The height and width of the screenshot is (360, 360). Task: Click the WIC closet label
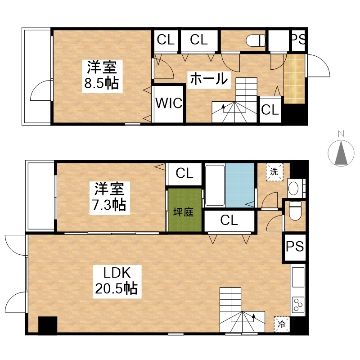169,103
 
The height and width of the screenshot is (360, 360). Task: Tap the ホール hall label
209,79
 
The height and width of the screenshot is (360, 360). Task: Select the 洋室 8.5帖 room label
102,76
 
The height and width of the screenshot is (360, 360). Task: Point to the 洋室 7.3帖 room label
109,198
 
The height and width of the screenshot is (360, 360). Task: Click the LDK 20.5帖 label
117,281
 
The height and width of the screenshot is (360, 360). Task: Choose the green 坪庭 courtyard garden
185,210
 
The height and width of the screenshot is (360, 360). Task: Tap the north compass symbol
341,153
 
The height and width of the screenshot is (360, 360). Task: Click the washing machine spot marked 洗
274,172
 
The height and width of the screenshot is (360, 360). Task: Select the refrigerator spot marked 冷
282,324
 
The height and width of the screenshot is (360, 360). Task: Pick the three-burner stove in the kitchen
298,305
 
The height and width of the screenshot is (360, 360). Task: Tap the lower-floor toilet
295,210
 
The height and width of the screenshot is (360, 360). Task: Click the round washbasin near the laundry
293,188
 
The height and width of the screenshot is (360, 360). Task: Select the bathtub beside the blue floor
215,185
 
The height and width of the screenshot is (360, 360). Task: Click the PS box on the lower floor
295,247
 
